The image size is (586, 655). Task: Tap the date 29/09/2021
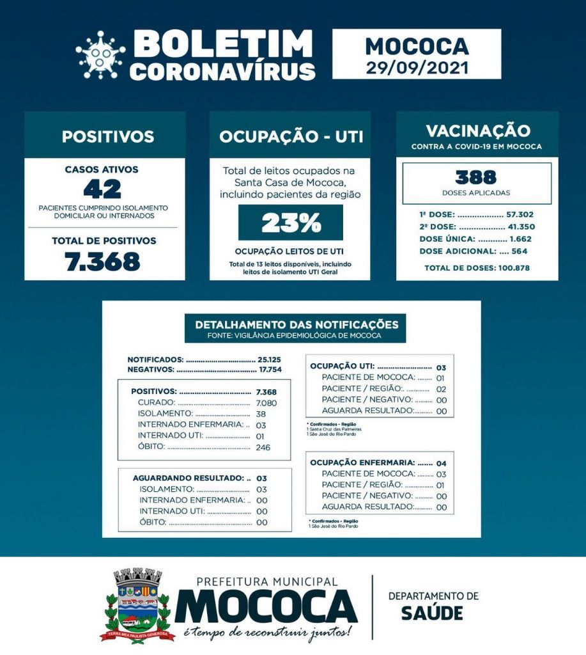pos(417,67)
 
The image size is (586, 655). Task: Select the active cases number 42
pos(102,189)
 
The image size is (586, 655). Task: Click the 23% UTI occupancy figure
pos(291,223)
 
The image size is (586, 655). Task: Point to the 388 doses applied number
pos(476,177)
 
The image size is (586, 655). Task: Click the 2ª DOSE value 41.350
pos(521,227)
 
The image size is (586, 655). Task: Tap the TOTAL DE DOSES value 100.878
pos(517,267)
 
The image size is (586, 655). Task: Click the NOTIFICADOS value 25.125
pos(268,359)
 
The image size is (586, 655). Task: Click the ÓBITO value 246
pos(263,446)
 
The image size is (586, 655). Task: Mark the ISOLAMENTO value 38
pos(260,414)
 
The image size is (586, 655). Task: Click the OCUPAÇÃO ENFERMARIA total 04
pos(441,462)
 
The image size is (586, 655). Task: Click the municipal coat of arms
pos(138,604)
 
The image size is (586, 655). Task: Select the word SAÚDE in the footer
pos(432,612)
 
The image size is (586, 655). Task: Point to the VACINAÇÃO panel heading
pos(477,131)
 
